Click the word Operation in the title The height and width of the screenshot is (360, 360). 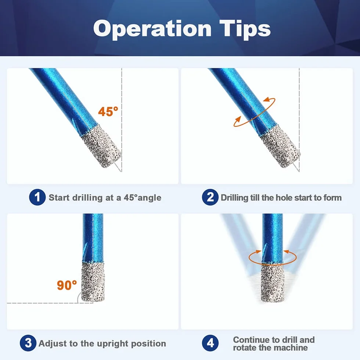click(x=152, y=29)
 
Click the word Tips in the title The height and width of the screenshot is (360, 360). click(x=245, y=29)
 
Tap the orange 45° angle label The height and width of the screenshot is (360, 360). click(x=108, y=112)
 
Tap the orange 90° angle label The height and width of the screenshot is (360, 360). click(x=67, y=285)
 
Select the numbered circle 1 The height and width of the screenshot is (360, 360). click(x=37, y=197)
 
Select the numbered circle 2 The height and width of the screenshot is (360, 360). click(x=210, y=197)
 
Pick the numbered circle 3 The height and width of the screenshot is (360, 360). click(x=28, y=343)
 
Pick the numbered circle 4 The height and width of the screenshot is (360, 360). click(x=210, y=343)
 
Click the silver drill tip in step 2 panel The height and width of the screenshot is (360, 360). click(x=280, y=147)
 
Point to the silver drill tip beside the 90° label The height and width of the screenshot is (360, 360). click(x=93, y=282)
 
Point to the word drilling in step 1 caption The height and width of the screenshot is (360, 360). click(x=87, y=198)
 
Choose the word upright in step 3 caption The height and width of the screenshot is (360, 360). click(x=113, y=344)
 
